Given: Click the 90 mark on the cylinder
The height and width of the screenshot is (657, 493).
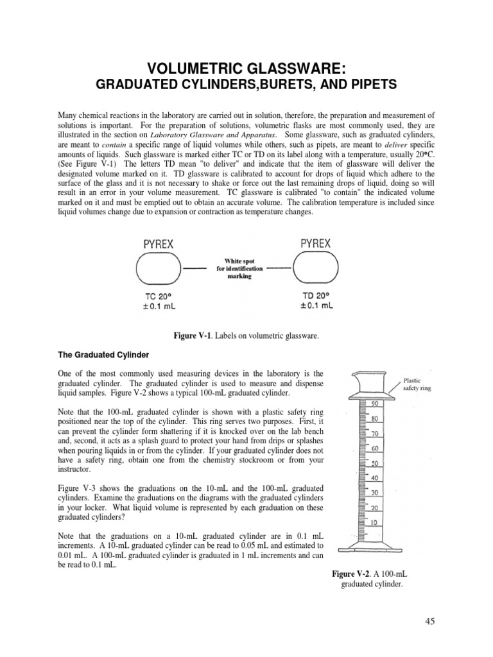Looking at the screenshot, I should tap(374, 404).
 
